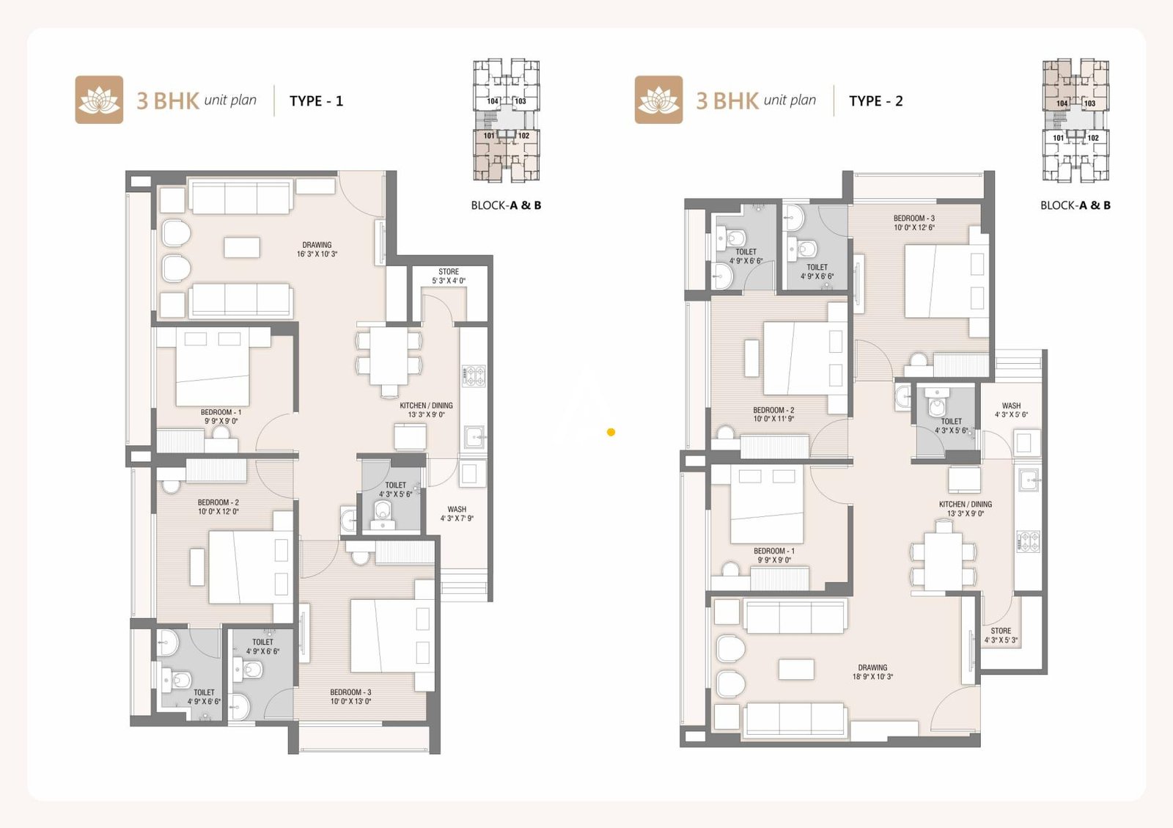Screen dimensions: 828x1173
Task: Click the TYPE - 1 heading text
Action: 316,101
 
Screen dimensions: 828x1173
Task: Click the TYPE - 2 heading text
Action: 875,101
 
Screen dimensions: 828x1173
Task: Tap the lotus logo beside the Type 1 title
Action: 99,100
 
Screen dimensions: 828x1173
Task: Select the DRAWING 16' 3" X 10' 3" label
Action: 317,249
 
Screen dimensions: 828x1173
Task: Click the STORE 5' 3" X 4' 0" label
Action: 449,276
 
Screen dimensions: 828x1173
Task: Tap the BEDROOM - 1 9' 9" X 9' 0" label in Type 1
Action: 221,417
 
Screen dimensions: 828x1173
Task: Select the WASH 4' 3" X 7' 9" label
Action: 457,513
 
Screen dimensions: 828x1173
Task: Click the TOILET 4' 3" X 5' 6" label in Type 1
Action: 395,489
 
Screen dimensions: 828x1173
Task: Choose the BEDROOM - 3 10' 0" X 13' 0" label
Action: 350,697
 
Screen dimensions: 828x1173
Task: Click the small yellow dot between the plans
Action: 611,432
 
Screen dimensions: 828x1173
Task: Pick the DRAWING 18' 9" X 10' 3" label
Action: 872,672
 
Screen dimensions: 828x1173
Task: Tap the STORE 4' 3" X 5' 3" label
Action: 1001,635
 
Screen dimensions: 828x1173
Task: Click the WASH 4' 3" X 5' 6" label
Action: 1011,410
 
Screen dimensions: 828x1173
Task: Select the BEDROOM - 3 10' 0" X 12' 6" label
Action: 913,223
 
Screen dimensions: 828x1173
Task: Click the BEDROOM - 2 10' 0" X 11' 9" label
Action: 773,414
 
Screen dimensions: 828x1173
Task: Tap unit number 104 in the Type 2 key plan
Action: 1062,103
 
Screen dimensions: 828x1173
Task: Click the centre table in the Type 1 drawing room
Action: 242,247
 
